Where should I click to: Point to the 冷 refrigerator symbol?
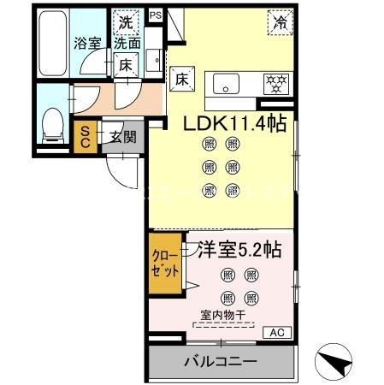279,22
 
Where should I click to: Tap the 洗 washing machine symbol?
126,22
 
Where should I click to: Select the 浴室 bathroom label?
86,43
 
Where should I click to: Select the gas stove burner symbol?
275,84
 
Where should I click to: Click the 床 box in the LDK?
181,79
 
